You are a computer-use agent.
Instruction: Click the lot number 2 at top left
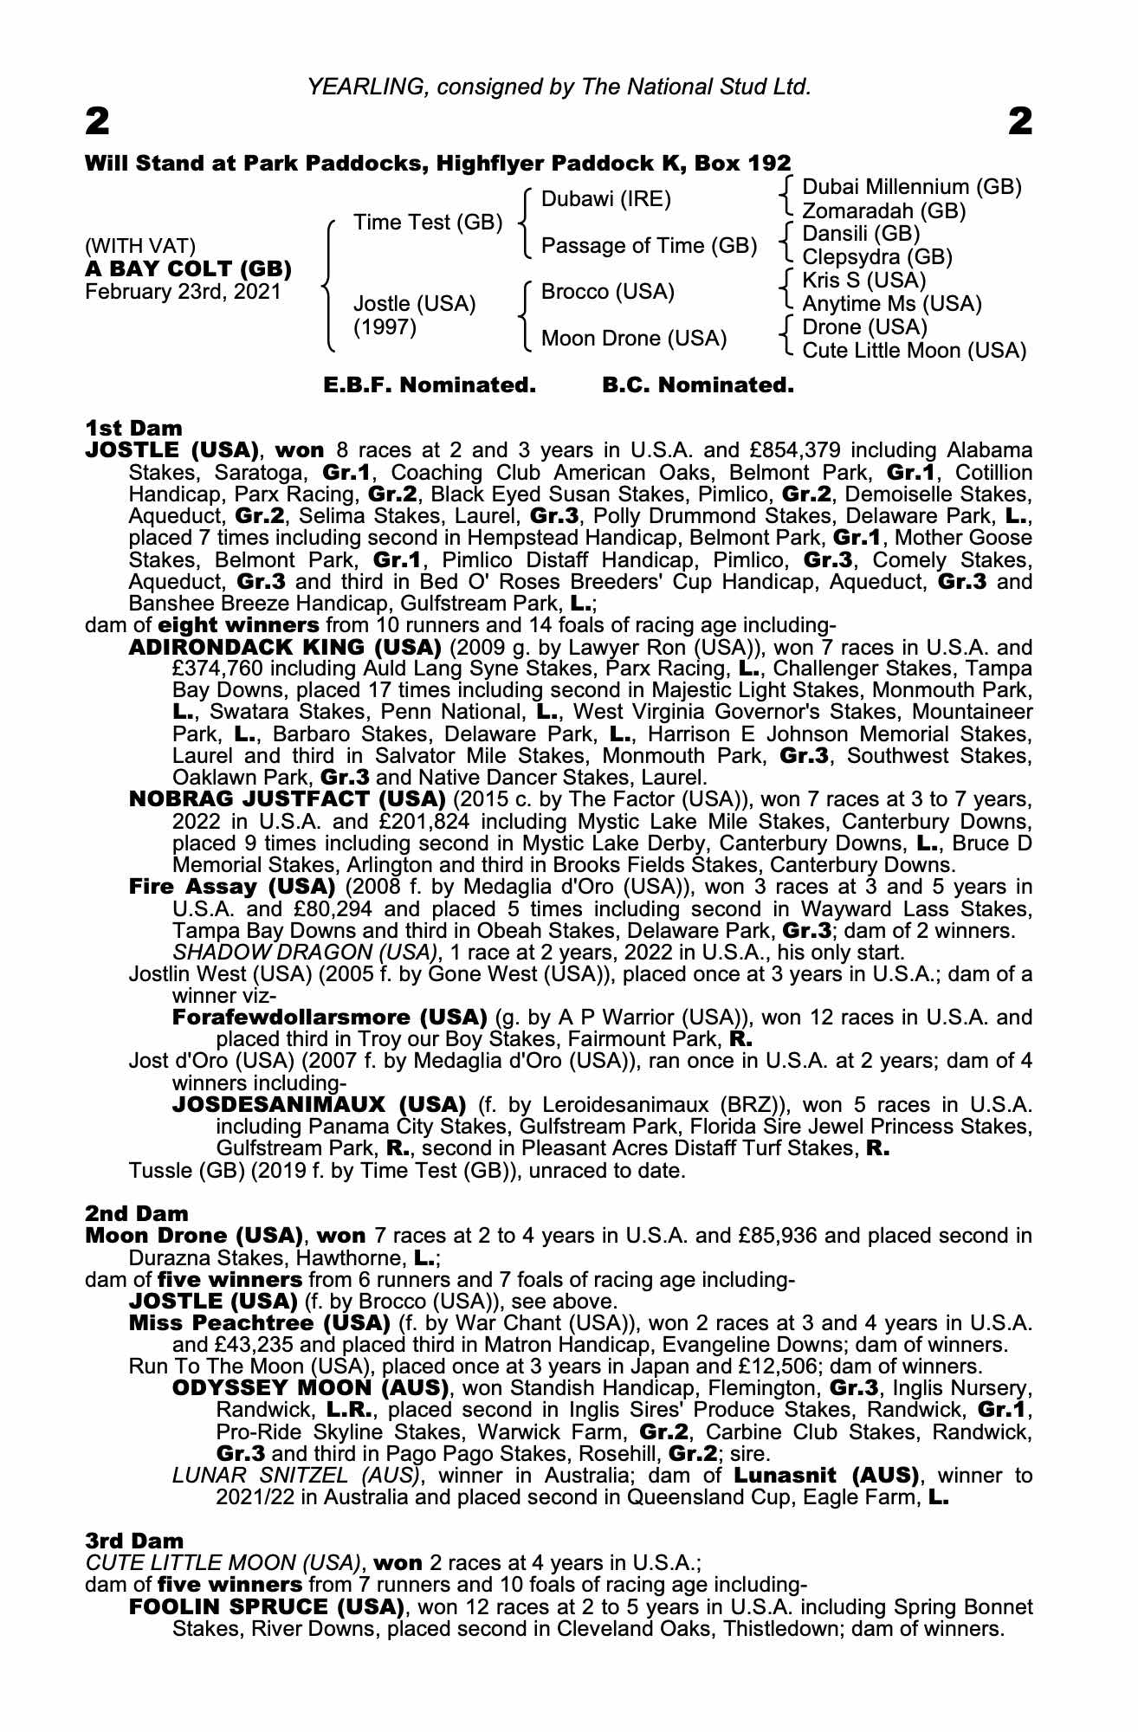98,123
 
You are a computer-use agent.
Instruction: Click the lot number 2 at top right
1021,123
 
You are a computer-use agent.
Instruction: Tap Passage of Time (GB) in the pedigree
649,246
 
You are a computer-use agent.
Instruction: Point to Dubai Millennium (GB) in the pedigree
912,187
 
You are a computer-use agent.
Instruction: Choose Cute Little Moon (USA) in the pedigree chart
914,351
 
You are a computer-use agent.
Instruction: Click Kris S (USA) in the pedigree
863,281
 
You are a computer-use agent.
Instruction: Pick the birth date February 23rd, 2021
183,291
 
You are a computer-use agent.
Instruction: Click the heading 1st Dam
134,428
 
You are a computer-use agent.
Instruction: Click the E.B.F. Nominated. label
430,385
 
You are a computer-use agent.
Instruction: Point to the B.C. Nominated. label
697,385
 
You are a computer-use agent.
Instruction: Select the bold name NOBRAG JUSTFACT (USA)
287,798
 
